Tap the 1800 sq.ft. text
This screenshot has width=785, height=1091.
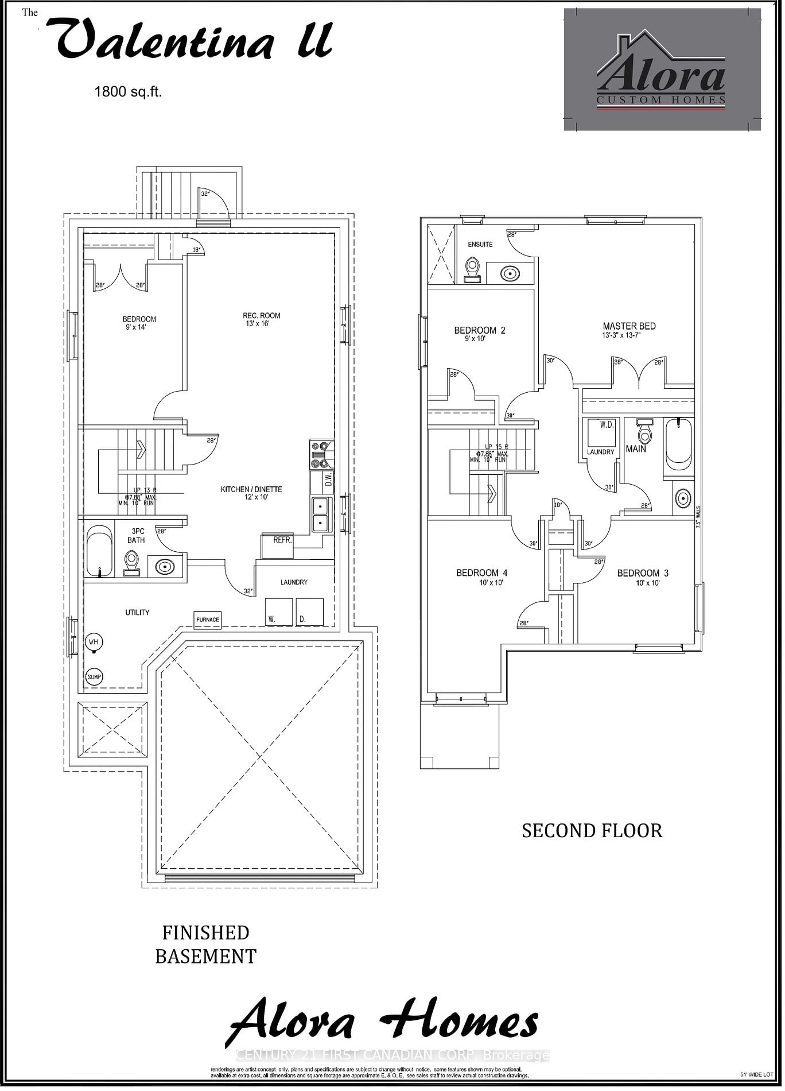pos(129,92)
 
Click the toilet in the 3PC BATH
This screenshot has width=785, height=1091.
pos(132,564)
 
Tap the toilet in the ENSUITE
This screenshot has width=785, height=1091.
pos(474,270)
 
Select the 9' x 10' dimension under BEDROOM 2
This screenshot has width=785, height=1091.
pos(477,340)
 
